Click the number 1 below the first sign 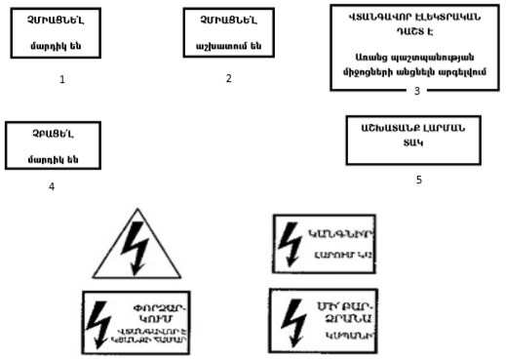point(61,79)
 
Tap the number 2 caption point(228,77)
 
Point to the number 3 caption point(416,91)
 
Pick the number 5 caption point(419,180)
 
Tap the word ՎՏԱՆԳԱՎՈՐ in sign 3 point(376,18)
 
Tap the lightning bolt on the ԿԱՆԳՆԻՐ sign point(290,240)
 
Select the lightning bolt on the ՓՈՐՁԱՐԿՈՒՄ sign point(100,318)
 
